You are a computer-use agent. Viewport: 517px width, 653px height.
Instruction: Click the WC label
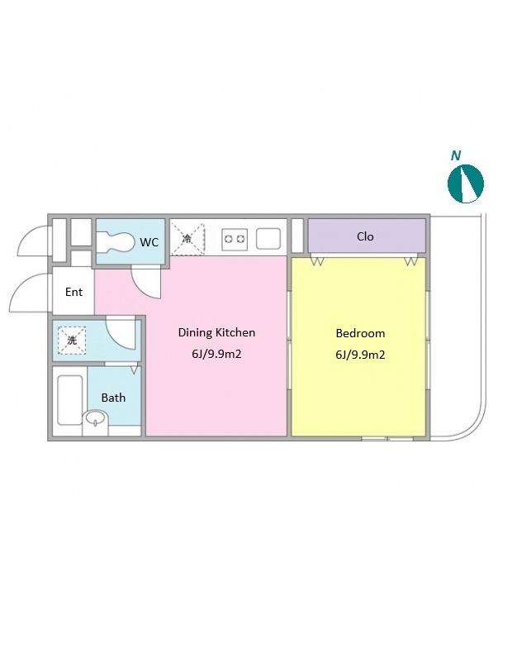(149, 242)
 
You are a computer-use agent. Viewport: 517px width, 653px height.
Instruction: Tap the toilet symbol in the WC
(116, 242)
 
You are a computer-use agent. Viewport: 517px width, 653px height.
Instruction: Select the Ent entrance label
(74, 292)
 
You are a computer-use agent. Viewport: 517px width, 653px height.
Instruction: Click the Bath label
(113, 398)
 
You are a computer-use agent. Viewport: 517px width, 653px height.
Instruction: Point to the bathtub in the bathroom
(69, 400)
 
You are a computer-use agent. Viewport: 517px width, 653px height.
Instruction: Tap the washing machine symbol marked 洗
(72, 341)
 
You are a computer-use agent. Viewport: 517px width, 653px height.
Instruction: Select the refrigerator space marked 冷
(188, 239)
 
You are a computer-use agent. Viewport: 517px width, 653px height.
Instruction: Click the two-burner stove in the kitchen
(235, 240)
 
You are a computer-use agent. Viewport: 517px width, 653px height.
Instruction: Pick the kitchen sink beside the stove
(268, 239)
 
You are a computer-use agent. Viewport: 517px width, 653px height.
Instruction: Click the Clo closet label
(365, 236)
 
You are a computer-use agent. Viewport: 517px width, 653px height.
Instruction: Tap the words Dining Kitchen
(216, 332)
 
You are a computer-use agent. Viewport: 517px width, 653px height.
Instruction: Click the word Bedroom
(360, 333)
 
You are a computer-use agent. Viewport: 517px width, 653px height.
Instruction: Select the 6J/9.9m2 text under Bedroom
(360, 355)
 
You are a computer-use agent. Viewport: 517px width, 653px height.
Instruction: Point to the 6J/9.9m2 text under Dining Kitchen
(216, 354)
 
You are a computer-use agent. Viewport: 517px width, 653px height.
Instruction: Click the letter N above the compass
(456, 155)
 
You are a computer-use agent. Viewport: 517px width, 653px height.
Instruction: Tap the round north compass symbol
(466, 184)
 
